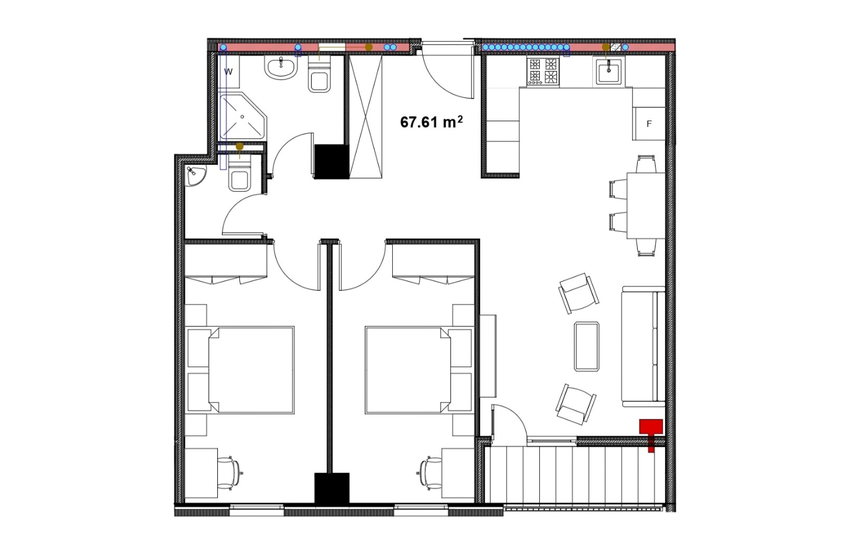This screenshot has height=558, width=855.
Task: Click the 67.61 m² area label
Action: pyautogui.click(x=431, y=122)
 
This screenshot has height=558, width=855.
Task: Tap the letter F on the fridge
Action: pyautogui.click(x=649, y=124)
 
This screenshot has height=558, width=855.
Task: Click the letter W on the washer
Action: pyautogui.click(x=228, y=72)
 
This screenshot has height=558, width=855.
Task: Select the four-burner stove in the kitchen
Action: pyautogui.click(x=543, y=72)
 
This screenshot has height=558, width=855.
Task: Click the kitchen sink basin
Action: pyautogui.click(x=609, y=72)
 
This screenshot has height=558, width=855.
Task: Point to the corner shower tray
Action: pyautogui.click(x=244, y=116)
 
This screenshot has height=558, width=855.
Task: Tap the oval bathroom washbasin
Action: pyautogui.click(x=281, y=68)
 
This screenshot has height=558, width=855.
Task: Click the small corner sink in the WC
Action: pyautogui.click(x=196, y=176)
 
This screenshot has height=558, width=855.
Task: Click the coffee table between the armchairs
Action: pyautogui.click(x=587, y=346)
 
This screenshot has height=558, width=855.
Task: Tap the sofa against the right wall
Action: pyautogui.click(x=644, y=346)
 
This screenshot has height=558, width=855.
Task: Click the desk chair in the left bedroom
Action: pyautogui.click(x=230, y=473)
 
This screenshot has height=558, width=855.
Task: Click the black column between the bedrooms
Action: pyautogui.click(x=332, y=489)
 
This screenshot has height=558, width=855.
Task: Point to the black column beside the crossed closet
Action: pyautogui.click(x=332, y=161)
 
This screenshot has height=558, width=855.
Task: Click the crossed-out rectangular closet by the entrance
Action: pyautogui.click(x=365, y=116)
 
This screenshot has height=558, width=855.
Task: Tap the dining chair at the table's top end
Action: pyautogui.click(x=646, y=164)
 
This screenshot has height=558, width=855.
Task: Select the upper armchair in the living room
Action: pyautogui.click(x=579, y=292)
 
